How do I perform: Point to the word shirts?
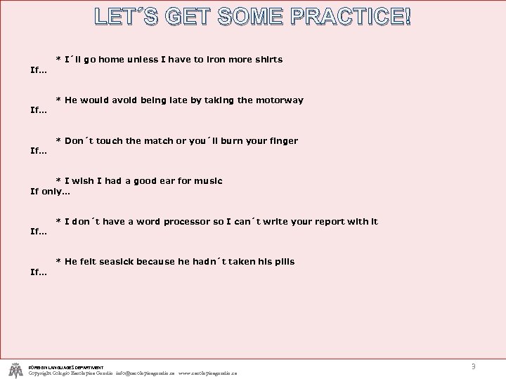[x=266, y=60]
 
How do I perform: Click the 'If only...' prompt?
[x=51, y=191]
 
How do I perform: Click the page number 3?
[x=474, y=366]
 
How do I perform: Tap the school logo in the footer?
[x=15, y=369]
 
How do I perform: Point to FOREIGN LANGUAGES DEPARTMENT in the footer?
[x=66, y=367]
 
